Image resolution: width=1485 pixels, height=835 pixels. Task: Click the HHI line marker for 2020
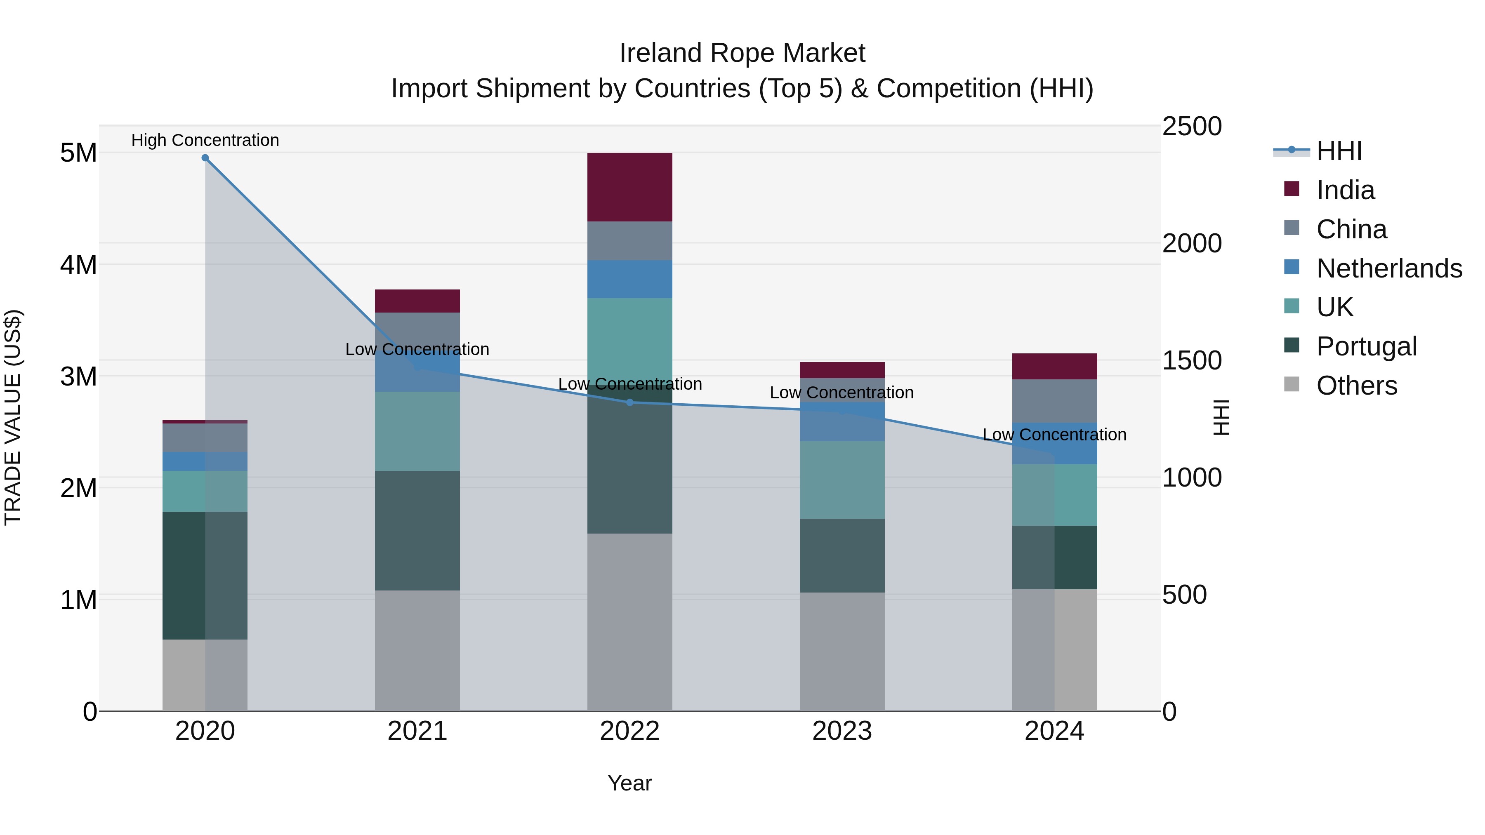(205, 158)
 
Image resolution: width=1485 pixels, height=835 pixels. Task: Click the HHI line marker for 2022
(629, 402)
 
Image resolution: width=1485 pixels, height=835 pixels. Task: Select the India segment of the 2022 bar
(629, 187)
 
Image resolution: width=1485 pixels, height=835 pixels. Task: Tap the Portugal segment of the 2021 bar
(417, 530)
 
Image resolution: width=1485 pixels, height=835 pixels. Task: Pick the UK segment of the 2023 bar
(841, 480)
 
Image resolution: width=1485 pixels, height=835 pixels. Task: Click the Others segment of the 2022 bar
(629, 622)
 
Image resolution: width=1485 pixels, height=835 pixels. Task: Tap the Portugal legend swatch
(1292, 346)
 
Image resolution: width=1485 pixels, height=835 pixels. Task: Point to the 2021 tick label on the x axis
(417, 731)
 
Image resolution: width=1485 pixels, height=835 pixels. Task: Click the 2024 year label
(1054, 731)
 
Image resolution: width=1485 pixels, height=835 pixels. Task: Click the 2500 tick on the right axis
(1192, 127)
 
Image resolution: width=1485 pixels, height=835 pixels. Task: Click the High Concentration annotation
(205, 140)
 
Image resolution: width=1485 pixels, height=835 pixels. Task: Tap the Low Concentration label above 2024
(1054, 435)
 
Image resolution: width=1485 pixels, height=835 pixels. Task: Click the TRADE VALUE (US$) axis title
(13, 417)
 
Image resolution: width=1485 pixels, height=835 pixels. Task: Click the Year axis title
(629, 783)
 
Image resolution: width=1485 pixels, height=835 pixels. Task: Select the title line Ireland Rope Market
(742, 53)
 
